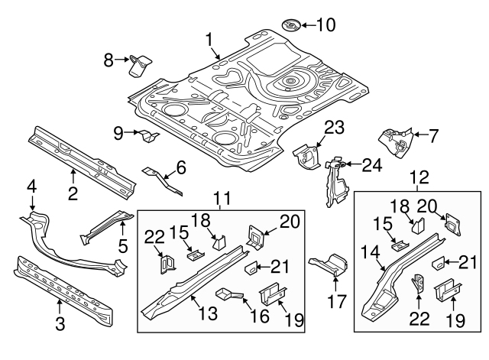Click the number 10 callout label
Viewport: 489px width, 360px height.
(325, 25)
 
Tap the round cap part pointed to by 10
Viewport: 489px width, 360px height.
(291, 25)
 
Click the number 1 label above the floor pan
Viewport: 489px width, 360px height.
(210, 38)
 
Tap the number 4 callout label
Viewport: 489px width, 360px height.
(32, 186)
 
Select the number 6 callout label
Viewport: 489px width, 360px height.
(181, 166)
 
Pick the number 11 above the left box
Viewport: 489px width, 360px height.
(222, 200)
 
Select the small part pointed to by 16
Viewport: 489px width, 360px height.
(227, 294)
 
